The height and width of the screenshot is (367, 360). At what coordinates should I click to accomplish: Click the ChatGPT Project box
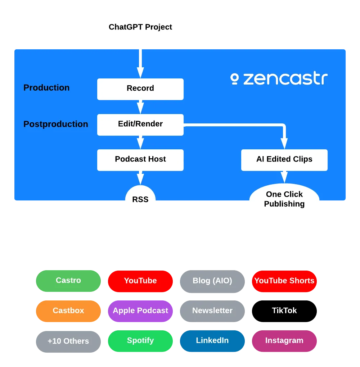click(x=140, y=27)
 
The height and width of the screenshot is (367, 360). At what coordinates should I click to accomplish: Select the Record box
click(x=140, y=89)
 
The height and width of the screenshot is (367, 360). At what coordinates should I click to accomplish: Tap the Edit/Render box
click(x=140, y=124)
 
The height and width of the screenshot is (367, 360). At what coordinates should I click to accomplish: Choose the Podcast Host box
click(x=140, y=159)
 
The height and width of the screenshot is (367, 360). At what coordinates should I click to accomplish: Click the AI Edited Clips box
click(x=284, y=159)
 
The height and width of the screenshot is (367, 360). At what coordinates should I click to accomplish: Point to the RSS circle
click(x=140, y=200)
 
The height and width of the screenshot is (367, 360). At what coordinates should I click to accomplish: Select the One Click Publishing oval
click(x=284, y=199)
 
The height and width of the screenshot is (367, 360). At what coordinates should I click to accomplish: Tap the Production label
click(x=46, y=88)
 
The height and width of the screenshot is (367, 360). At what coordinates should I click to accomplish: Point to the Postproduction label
click(x=56, y=124)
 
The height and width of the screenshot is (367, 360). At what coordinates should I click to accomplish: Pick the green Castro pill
click(x=68, y=281)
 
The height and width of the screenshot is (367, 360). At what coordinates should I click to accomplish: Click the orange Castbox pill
click(x=68, y=311)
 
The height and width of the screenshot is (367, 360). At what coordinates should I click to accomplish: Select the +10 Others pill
click(x=68, y=341)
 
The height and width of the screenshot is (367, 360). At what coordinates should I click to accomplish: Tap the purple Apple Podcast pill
click(x=140, y=311)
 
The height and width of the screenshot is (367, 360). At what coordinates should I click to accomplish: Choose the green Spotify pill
click(x=140, y=341)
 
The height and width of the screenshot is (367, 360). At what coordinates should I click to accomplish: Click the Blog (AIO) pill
click(x=212, y=281)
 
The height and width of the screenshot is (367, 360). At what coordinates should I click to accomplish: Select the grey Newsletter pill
click(x=212, y=311)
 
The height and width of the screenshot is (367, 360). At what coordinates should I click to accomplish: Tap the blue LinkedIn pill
click(x=212, y=341)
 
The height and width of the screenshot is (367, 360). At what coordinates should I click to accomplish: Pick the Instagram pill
click(x=284, y=341)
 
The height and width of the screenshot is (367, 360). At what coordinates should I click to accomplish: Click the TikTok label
click(x=284, y=311)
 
